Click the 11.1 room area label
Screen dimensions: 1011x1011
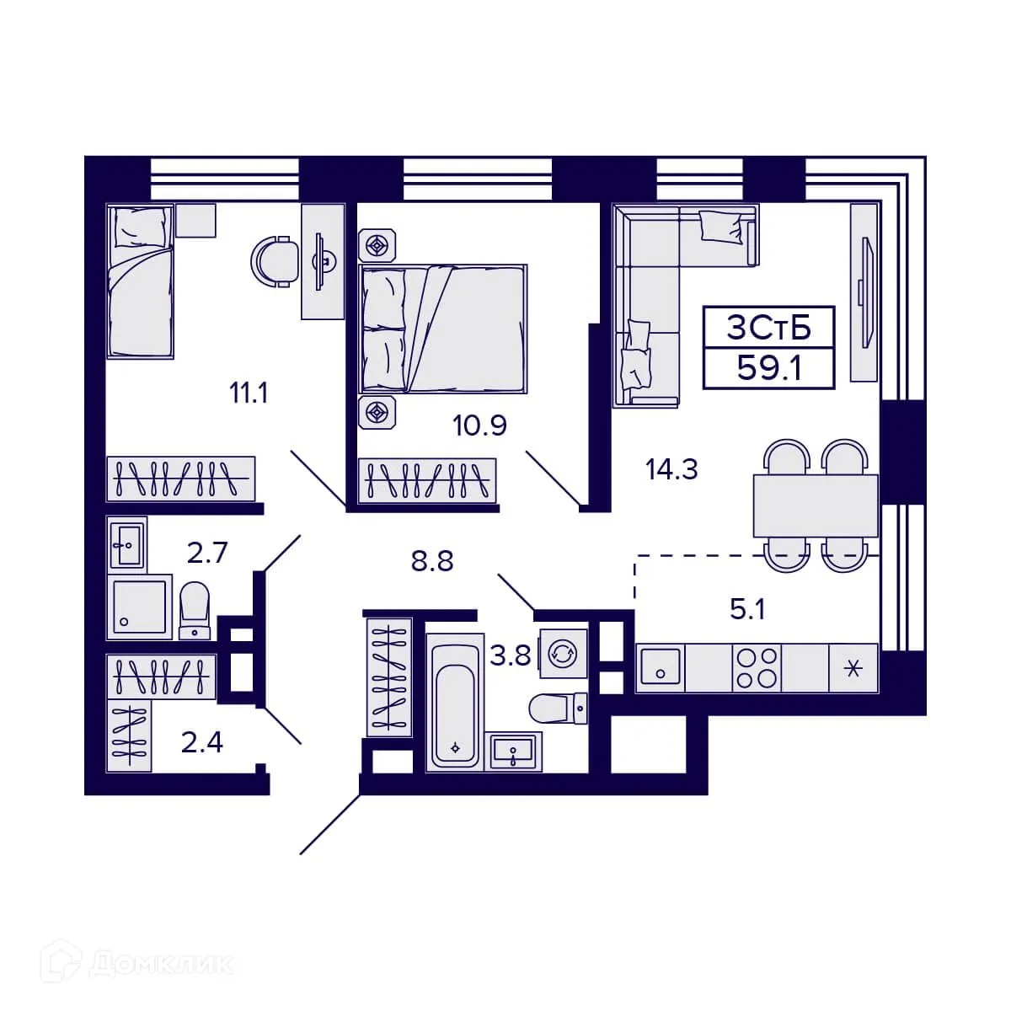(249, 393)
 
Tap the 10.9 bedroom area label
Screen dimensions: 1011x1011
(479, 425)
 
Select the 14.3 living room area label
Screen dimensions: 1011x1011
(671, 468)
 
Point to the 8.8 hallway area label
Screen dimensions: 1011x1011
(432, 560)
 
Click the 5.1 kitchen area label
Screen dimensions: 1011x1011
(747, 609)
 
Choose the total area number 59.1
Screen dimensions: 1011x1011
(768, 368)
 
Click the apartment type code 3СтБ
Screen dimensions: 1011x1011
(768, 328)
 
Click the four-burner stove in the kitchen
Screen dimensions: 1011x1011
(757, 669)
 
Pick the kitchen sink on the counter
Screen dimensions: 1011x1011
(661, 669)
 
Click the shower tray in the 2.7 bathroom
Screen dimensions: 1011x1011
(140, 607)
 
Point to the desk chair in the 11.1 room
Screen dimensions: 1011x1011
(275, 260)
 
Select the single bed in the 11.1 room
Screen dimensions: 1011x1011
(140, 282)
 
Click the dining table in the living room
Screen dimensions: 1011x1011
(815, 505)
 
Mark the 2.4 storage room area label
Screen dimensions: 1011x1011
(202, 742)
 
